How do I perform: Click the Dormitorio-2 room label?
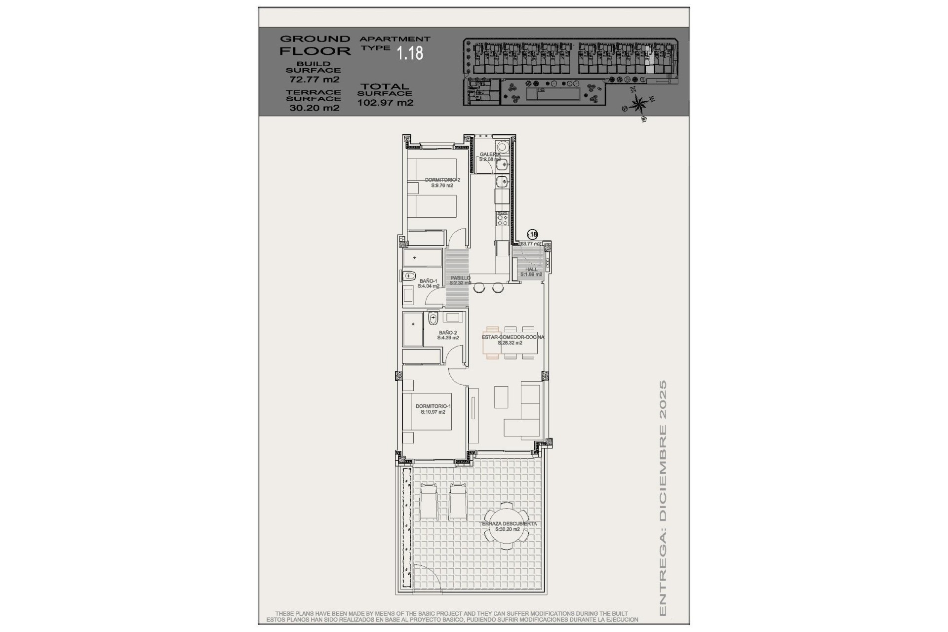click(442, 180)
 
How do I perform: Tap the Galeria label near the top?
click(490, 155)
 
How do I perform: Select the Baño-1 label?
click(428, 280)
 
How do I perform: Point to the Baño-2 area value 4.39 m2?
click(448, 338)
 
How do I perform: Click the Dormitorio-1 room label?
click(433, 406)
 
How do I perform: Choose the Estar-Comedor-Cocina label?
click(513, 337)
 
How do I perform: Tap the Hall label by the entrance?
click(531, 269)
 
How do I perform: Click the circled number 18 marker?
click(532, 235)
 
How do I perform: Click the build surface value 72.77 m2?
click(314, 79)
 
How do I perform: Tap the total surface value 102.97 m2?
click(385, 103)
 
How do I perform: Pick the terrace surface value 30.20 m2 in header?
click(314, 108)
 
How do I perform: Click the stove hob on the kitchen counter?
click(502, 218)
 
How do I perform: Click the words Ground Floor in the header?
click(315, 44)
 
